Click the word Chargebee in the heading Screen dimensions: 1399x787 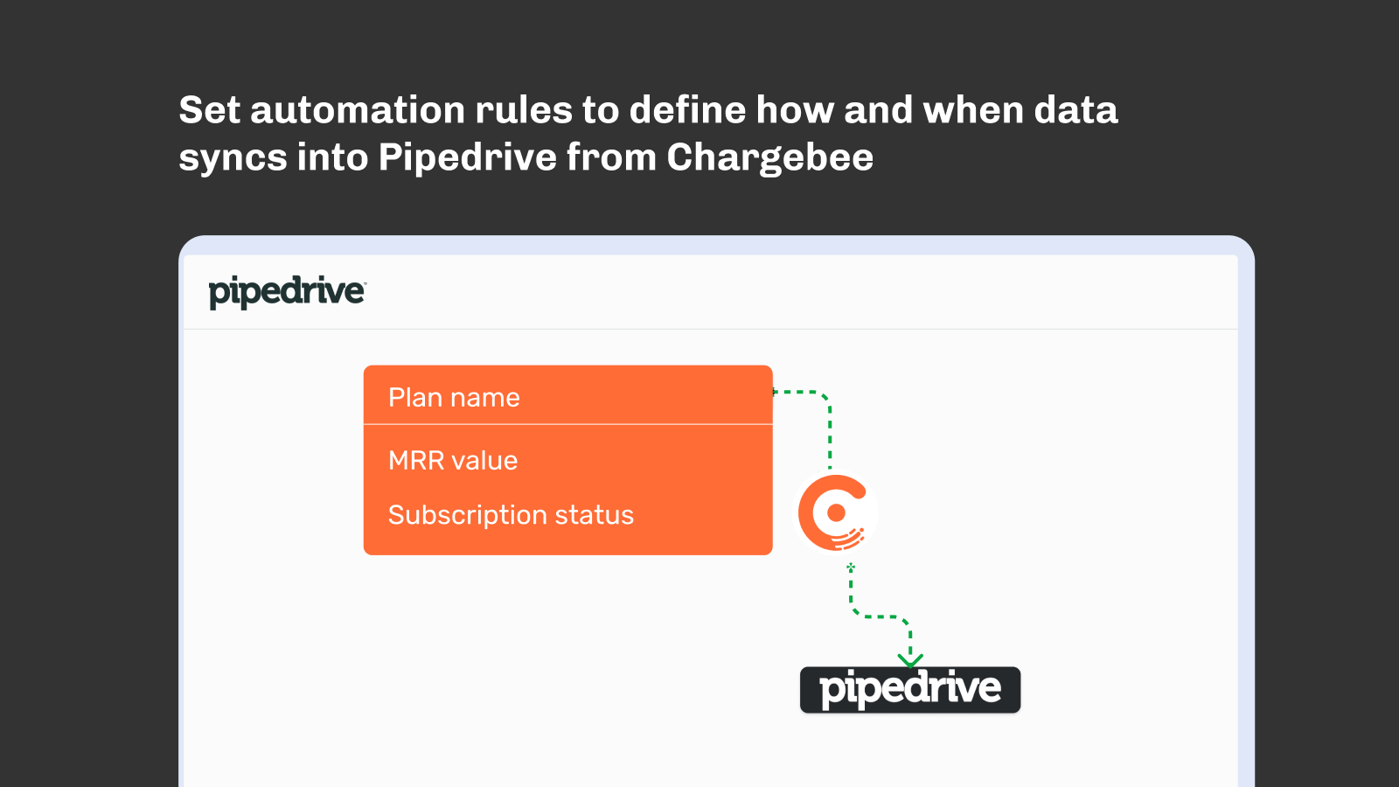click(769, 158)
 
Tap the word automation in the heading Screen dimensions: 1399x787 click(358, 110)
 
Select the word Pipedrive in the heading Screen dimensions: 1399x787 click(467, 158)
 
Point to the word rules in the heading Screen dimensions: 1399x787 click(524, 110)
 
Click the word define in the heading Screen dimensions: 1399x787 click(687, 110)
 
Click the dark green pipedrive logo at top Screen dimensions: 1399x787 click(288, 292)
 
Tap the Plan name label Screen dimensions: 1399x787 click(454, 398)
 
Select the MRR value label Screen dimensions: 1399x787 click(453, 461)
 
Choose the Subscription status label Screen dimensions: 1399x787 click(511, 515)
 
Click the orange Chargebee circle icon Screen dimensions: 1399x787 click(835, 512)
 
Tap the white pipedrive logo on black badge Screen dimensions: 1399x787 click(910, 690)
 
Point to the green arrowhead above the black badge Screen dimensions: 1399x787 click(910, 660)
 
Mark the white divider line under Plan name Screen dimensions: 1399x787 click(567, 425)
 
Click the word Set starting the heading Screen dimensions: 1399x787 click(210, 110)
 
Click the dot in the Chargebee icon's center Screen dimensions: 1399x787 click(836, 512)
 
